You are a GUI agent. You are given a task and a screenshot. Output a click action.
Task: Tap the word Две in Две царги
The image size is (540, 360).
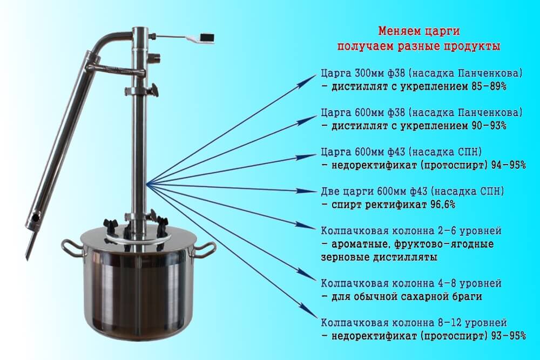tap(330, 191)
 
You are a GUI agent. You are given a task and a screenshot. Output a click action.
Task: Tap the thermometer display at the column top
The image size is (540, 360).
tap(207, 37)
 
